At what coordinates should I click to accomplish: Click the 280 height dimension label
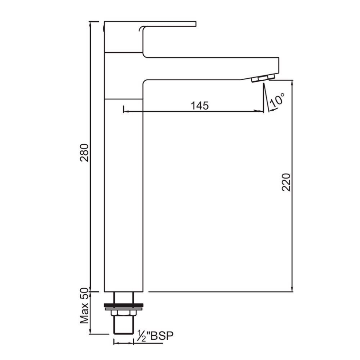coord(85,152)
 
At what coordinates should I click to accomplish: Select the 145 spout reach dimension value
coord(199,105)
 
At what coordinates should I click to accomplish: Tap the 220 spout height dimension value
coord(286,182)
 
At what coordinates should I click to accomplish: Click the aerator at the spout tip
coord(263,78)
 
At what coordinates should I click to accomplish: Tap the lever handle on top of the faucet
coord(169,24)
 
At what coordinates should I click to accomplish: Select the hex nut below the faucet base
coord(123,313)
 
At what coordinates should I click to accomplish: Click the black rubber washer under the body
coord(123,304)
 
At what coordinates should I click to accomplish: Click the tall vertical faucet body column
coord(123,195)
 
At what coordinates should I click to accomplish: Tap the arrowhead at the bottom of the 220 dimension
coord(292,289)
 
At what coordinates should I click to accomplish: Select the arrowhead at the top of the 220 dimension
coord(292,82)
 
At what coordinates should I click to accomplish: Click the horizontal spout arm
coord(210,68)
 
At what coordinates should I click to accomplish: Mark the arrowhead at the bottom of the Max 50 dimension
coord(91,331)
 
